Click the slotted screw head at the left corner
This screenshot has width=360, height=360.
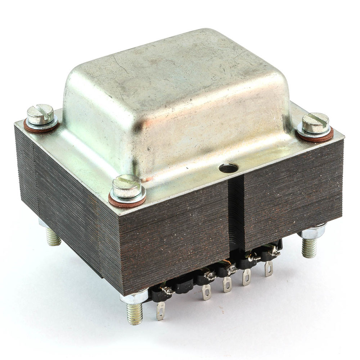(x=40, y=114)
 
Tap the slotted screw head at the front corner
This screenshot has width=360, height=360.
(x=126, y=186)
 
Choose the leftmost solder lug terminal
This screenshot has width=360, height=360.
(x=161, y=310)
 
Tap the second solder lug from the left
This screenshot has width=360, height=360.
(x=206, y=292)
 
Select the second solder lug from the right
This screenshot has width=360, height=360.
(x=247, y=277)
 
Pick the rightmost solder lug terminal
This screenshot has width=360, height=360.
(x=268, y=269)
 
